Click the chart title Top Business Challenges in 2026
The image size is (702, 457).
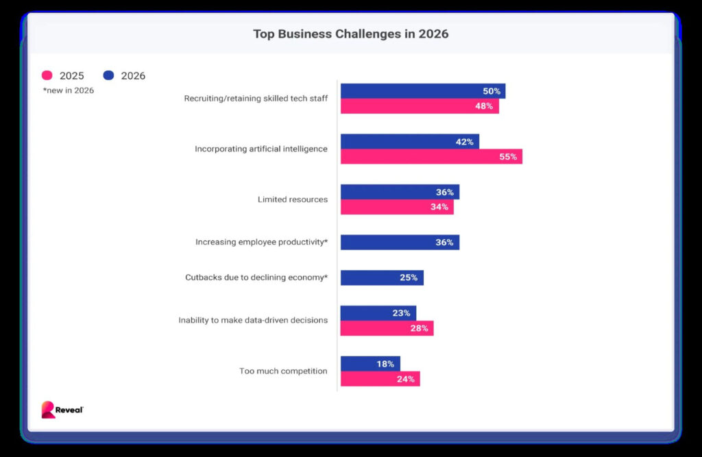350,34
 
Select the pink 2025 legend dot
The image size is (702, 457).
47,75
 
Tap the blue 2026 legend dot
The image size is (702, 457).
108,75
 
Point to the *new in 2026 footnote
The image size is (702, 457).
69,90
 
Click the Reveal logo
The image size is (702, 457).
62,409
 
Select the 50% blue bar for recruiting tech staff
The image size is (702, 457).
422,91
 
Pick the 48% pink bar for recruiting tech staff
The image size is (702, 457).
420,106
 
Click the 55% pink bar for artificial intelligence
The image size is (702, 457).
431,157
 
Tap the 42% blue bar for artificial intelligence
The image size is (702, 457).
409,142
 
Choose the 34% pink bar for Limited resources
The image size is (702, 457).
397,207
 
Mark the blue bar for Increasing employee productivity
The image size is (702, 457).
400,243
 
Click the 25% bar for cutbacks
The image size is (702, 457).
382,277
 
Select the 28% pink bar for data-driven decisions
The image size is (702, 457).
387,328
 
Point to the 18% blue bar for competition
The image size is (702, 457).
370,364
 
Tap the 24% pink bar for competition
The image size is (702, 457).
380,379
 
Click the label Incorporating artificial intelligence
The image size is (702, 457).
261,149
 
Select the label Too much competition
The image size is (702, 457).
283,371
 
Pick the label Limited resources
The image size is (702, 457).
292,199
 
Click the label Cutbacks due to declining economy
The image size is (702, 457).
256,277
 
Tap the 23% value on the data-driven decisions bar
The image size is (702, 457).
401,313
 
